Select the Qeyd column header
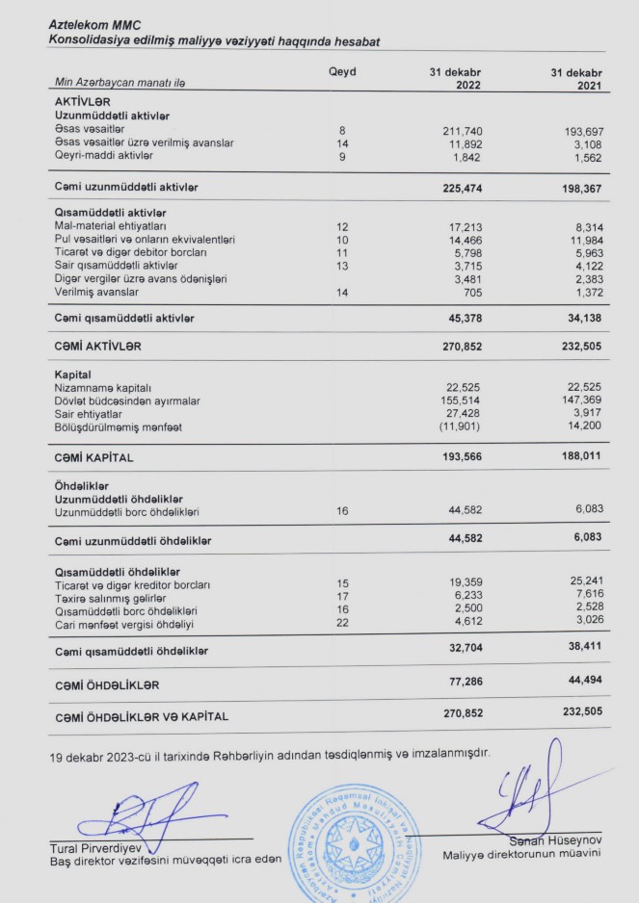pyautogui.click(x=342, y=71)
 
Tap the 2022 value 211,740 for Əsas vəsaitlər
pyautogui.click(x=459, y=130)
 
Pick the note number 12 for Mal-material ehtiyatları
pyautogui.click(x=342, y=226)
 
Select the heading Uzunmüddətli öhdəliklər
pyautogui.click(x=114, y=499)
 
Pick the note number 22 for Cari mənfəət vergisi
pyautogui.click(x=342, y=624)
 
